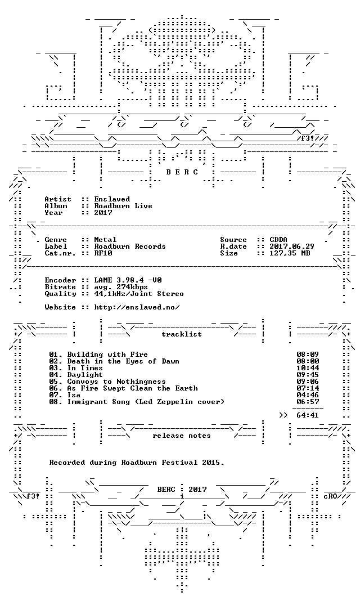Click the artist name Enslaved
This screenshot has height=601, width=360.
coord(112,199)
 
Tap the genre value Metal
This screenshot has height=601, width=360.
coord(105,240)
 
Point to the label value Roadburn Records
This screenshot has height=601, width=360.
coord(130,246)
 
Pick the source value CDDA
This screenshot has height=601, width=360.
coord(278,240)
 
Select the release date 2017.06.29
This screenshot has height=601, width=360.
coord(292,246)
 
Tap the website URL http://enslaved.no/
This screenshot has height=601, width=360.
coord(137,307)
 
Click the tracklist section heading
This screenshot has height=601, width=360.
coord(182,334)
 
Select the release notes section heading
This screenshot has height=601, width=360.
coord(182,436)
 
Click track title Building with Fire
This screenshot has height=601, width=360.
coord(107,355)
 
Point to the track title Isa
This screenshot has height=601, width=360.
coord(74,395)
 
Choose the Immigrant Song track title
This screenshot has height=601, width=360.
coord(146,402)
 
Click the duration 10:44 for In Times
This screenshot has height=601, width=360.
coord(308,368)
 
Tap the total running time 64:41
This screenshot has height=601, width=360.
coord(308,415)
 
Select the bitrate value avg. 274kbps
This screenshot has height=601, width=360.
coord(121,287)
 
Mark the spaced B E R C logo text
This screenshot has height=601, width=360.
coord(182,172)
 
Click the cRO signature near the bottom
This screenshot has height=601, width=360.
coord(330,496)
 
